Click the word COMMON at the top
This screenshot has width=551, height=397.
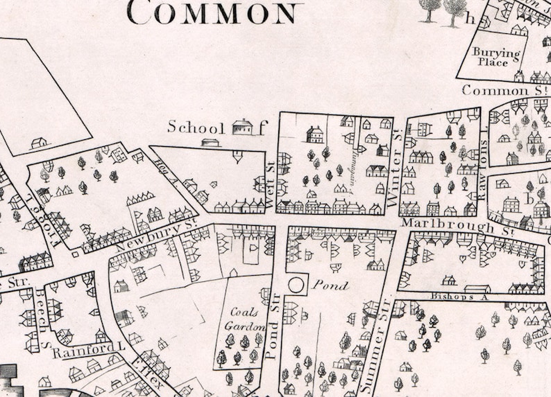[214, 12]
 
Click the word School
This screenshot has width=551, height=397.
[196, 127]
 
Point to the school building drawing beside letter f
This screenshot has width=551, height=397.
[242, 127]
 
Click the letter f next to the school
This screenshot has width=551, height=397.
[262, 127]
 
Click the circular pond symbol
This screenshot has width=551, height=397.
[297, 284]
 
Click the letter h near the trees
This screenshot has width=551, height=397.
[471, 19]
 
